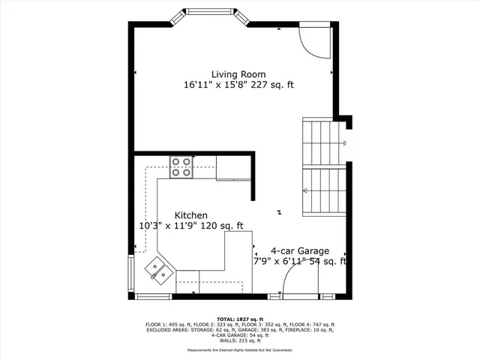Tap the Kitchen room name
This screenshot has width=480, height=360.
(x=191, y=214)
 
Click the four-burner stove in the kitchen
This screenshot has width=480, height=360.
(x=181, y=166)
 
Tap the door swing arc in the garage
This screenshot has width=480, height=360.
(x=300, y=282)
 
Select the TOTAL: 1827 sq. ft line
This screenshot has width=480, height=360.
(x=240, y=319)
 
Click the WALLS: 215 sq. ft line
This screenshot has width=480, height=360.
(x=240, y=340)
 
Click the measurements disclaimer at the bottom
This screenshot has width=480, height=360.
(x=240, y=350)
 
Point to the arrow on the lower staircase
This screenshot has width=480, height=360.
(x=306, y=190)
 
